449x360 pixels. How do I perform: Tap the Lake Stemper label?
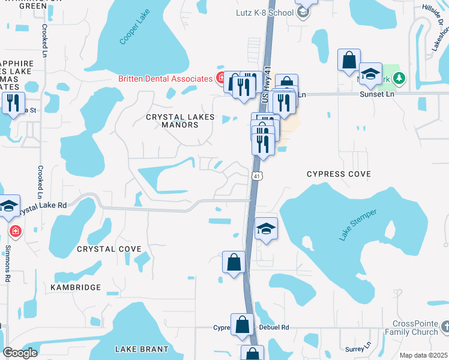(x=358, y=225)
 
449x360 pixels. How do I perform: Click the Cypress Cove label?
(x=339, y=174)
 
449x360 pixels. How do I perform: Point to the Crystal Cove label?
(x=109, y=248)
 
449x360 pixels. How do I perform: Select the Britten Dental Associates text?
(x=165, y=79)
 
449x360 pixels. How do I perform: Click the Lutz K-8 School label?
(x=262, y=12)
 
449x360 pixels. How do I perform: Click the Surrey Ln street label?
(x=355, y=349)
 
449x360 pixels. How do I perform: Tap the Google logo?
(x=20, y=353)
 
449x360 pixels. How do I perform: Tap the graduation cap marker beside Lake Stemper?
(x=266, y=229)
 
